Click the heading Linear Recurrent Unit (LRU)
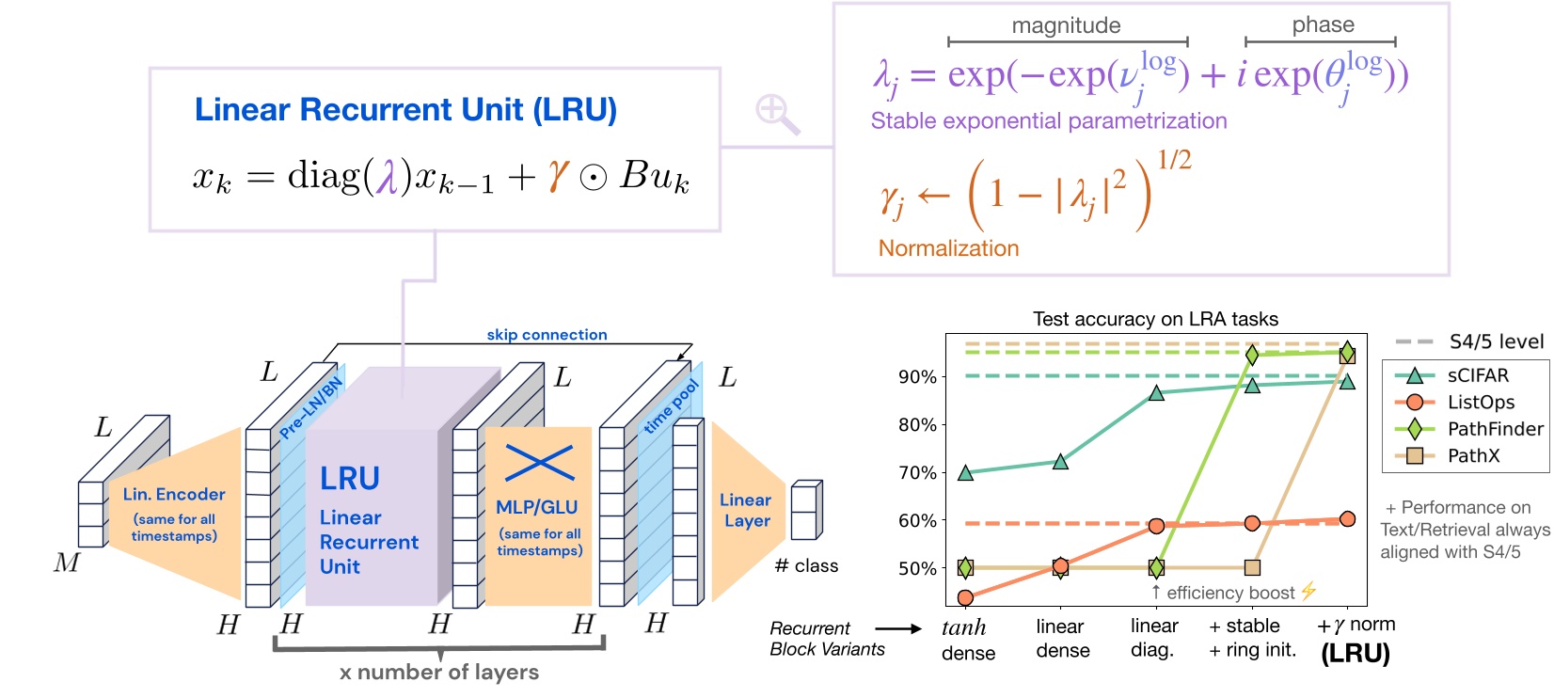405,110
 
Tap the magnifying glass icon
778,114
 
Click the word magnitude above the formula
1066,25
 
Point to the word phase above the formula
1323,25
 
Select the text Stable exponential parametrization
1048,121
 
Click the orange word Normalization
948,248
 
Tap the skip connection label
547,335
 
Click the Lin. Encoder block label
174,495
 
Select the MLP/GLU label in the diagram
537,507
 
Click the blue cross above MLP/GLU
539,462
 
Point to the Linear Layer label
746,510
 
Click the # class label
806,566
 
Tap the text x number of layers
439,673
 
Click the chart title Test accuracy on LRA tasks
1155,319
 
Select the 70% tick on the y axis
917,472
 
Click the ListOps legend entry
1481,403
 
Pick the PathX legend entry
1473,456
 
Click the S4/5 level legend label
1496,342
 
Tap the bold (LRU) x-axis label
1356,654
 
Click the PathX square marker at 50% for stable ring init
1252,568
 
